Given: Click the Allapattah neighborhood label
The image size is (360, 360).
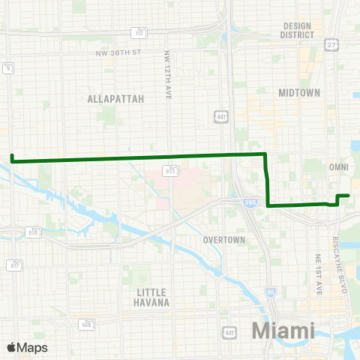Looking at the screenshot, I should click(x=110, y=98).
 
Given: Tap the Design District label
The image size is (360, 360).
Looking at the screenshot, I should click(x=297, y=30).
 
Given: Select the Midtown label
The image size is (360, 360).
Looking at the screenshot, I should click(x=299, y=92).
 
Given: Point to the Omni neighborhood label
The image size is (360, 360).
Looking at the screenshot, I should click(x=337, y=166).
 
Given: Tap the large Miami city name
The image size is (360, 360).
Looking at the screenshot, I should click(x=283, y=330).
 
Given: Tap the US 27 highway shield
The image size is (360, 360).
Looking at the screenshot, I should click(x=331, y=46).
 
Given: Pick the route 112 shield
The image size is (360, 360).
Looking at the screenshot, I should click(x=140, y=31).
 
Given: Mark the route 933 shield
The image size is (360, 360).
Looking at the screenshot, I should click(x=171, y=171).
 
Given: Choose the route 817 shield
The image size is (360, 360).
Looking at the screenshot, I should click(x=15, y=265).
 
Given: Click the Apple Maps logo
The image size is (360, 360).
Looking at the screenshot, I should click(x=27, y=346).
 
